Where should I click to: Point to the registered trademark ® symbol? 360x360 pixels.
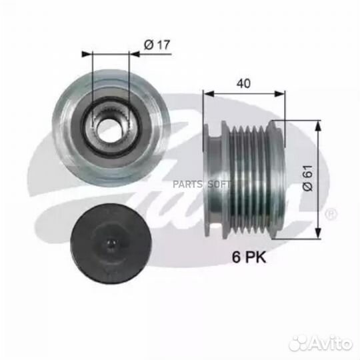coord(331,213)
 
